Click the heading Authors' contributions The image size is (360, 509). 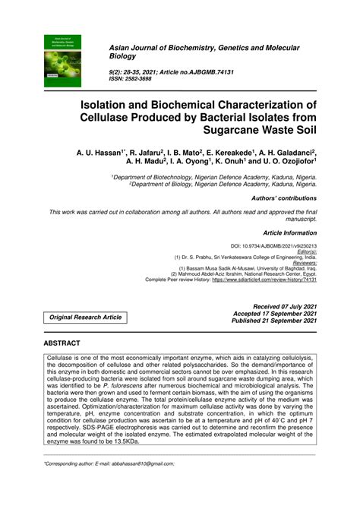283,196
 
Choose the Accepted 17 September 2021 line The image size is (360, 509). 274,313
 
